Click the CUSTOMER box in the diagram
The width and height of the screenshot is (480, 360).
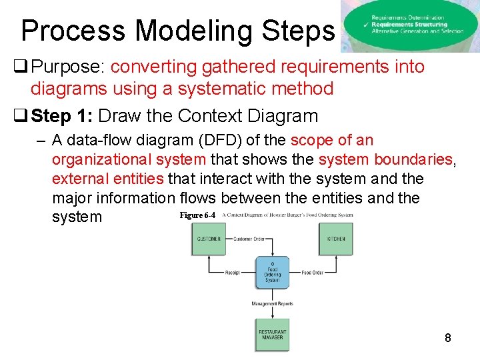pos(209,239)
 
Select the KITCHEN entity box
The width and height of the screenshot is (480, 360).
pos(336,239)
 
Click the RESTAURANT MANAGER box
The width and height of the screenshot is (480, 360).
pos(272,335)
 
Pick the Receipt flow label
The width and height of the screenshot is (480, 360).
pos(232,273)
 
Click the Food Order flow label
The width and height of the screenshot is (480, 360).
pos(312,273)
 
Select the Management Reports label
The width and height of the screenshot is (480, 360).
pos(272,304)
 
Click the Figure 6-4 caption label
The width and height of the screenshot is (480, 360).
pos(197,215)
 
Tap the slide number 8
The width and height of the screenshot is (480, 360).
pos(448,338)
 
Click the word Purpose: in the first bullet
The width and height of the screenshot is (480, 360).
pos(69,67)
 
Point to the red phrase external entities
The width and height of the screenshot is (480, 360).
pos(107,179)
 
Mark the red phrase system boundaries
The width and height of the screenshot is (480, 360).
pos(386,159)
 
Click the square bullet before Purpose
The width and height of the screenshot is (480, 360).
pos(20,67)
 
